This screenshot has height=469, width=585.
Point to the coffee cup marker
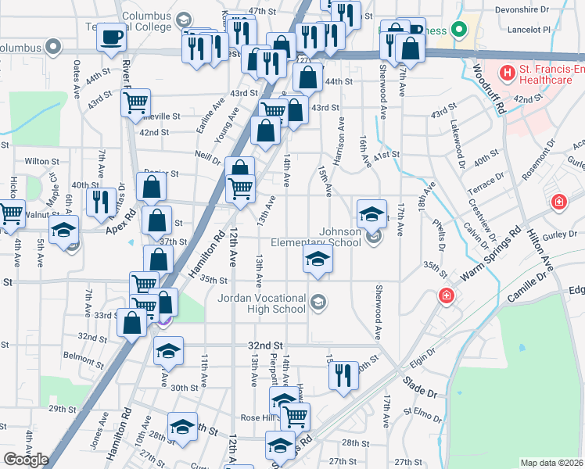click(x=112, y=37)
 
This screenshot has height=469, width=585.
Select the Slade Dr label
click(x=419, y=384)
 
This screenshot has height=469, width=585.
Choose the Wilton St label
click(x=41, y=161)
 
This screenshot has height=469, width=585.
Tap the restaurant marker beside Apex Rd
click(x=101, y=202)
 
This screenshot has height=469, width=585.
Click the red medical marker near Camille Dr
click(x=446, y=297)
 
